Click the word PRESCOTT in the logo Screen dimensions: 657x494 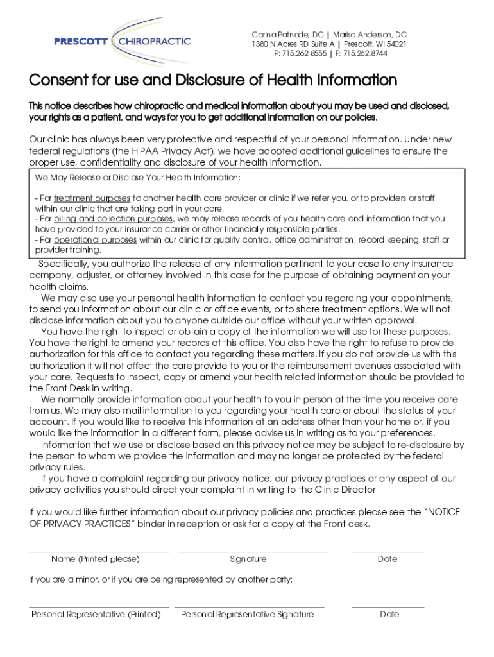tap(81, 42)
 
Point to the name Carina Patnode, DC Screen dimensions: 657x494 tap(287, 34)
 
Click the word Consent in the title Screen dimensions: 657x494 tap(59, 81)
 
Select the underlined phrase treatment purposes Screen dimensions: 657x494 tap(92, 198)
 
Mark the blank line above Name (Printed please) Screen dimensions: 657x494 tap(99, 550)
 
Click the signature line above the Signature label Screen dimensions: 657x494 tap(252, 550)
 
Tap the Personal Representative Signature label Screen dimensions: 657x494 tap(247, 615)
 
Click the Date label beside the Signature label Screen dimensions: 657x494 tap(388, 559)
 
